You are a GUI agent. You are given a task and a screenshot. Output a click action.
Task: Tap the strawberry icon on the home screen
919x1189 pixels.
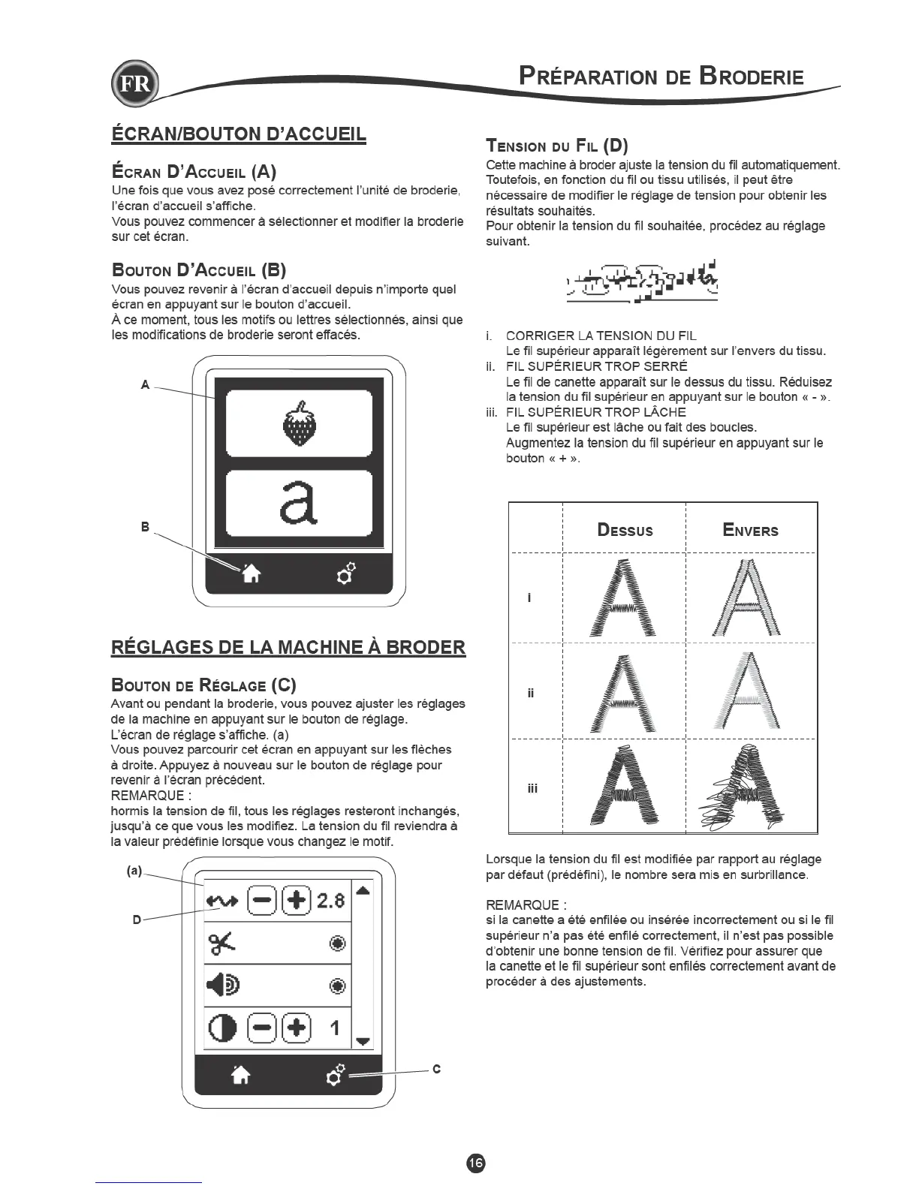tap(300, 423)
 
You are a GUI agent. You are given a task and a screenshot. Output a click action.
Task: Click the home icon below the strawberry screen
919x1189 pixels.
tap(251, 573)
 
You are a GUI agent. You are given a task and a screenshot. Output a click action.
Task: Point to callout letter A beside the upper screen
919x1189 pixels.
tap(146, 385)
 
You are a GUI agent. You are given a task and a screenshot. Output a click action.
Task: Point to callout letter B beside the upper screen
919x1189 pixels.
tap(146, 527)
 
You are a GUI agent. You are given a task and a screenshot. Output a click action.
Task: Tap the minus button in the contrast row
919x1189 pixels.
tap(259, 1028)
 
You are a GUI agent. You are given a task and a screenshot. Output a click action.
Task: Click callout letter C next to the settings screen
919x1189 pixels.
tap(437, 1069)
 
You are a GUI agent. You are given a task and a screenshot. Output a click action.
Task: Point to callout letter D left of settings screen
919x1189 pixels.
tap(137, 919)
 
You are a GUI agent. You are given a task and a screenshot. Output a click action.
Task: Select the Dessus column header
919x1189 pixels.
tap(625, 530)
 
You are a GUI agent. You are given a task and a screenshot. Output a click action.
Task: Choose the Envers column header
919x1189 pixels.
tap(750, 530)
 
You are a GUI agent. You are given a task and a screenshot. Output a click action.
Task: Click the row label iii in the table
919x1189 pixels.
tap(532, 788)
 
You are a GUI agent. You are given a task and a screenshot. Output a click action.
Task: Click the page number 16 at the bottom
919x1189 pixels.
tap(476, 1162)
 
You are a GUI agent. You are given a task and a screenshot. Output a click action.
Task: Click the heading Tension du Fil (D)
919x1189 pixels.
tap(557, 146)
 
